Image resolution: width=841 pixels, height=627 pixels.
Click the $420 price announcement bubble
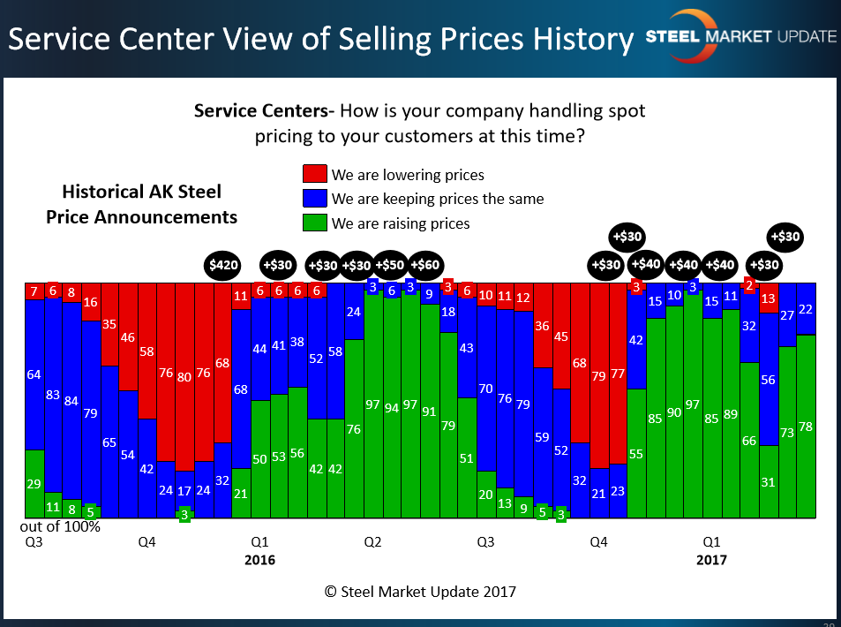[222, 265]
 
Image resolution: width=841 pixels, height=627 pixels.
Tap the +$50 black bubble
[391, 265]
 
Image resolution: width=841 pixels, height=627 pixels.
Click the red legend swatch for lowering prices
[315, 174]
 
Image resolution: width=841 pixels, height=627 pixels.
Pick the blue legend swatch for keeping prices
[315, 199]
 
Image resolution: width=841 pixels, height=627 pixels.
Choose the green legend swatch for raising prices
[315, 223]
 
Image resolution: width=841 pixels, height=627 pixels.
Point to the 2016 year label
[259, 560]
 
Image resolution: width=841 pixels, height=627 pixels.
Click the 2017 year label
[712, 560]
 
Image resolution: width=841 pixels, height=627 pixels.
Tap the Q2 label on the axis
[372, 540]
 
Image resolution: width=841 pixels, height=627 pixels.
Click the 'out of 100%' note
[60, 527]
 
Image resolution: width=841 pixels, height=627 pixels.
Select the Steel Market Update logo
[741, 36]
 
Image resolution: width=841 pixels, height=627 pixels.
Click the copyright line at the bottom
[420, 592]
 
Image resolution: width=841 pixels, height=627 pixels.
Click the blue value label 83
[52, 395]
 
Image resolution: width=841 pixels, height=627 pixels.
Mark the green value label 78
[805, 427]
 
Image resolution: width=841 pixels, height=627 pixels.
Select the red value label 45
[560, 336]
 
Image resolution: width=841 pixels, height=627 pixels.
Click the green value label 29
[34, 484]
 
